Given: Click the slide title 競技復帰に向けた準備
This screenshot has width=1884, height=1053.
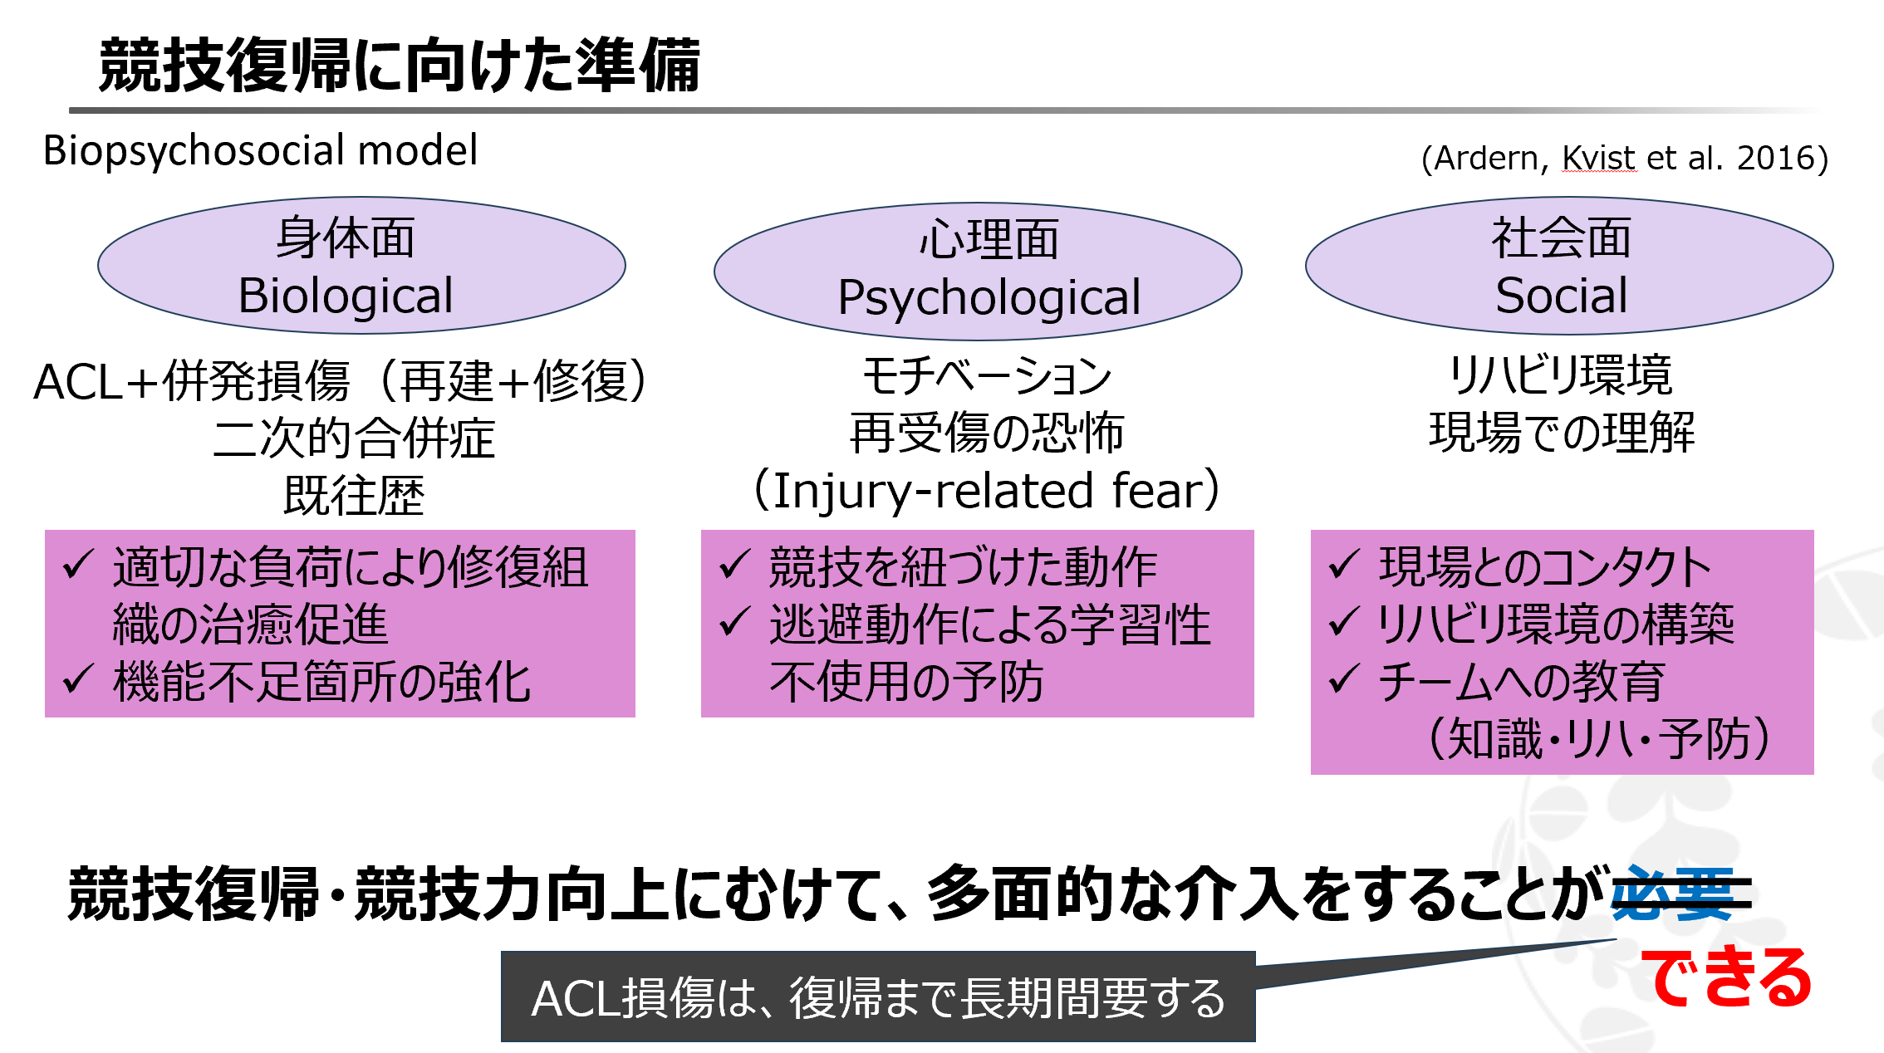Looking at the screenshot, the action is click(x=400, y=65).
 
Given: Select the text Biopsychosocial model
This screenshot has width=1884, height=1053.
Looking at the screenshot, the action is click(x=260, y=150).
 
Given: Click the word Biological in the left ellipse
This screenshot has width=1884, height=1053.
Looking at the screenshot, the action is click(x=346, y=295).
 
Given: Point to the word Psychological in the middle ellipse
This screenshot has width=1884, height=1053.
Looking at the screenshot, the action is click(x=989, y=297).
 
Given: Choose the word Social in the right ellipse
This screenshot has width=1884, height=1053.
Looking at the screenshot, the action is click(x=1561, y=295).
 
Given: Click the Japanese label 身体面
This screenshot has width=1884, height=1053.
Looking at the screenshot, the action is click(x=346, y=238).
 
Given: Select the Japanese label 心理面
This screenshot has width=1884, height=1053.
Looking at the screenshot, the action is click(x=989, y=239).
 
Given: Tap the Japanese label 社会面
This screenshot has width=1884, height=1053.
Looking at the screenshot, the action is click(x=1561, y=238).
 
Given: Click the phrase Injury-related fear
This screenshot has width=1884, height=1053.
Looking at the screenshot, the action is click(x=986, y=490).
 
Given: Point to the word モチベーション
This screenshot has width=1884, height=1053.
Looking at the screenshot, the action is click(x=986, y=375).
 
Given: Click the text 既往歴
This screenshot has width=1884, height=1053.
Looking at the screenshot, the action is click(x=354, y=496).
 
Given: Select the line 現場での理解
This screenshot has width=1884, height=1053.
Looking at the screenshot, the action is click(x=1561, y=433).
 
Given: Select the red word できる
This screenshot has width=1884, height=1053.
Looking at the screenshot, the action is click(x=1726, y=977).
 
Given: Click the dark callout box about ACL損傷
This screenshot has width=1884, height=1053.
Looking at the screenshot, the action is click(x=878, y=997).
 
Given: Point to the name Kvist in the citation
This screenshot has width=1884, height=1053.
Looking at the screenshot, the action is click(x=1598, y=158).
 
